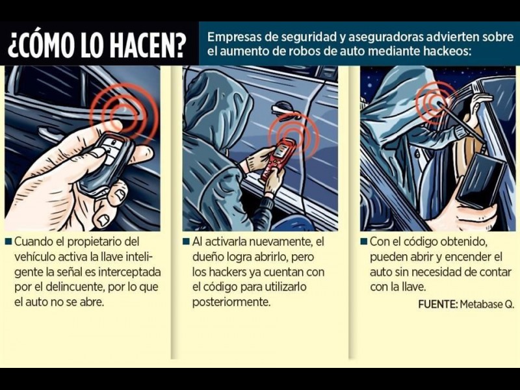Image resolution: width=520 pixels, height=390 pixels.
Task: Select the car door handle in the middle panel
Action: pos(281,108)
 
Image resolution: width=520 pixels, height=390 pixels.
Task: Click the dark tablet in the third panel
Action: pos(482,179)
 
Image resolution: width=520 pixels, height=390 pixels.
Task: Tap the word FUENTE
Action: pos(437,304)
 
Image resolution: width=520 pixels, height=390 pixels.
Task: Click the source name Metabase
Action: pos(482,304)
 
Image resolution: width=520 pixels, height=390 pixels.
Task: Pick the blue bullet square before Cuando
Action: pos(8,241)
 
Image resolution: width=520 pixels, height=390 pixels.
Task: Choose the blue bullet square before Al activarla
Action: pos(187,241)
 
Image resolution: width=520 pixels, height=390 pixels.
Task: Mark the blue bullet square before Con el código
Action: pos(364,241)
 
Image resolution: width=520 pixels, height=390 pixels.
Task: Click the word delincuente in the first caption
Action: pos(74,287)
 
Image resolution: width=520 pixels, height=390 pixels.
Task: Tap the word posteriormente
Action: pos(231,302)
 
